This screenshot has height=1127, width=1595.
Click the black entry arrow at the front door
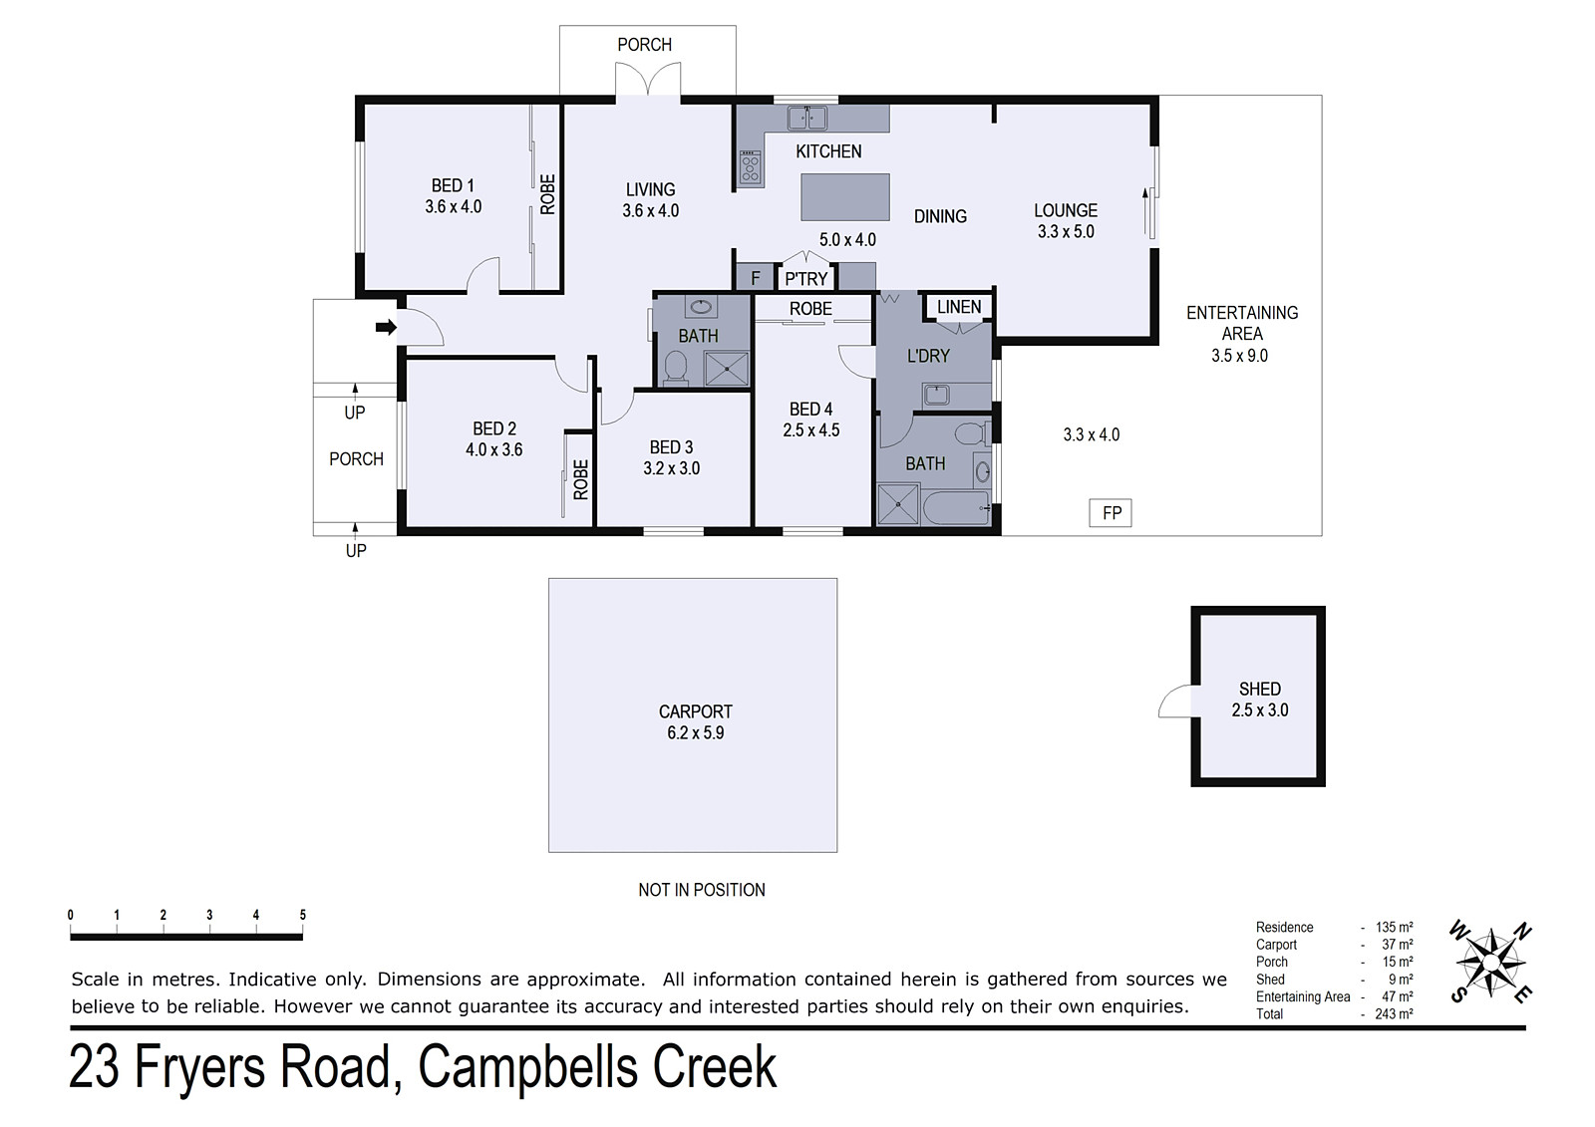pyautogui.click(x=386, y=328)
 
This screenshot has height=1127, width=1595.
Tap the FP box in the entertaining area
pyautogui.click(x=1111, y=513)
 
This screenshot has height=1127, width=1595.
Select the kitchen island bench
pyautogui.click(x=845, y=197)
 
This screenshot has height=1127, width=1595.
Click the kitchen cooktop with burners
pyautogui.click(x=750, y=168)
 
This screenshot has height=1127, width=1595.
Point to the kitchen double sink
pyautogui.click(x=806, y=119)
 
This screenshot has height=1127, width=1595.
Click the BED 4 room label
pyautogui.click(x=811, y=410)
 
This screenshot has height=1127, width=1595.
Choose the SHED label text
pyautogui.click(x=1260, y=690)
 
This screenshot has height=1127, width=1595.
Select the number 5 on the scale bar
pyautogui.click(x=303, y=915)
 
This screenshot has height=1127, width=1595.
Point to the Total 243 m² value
pyautogui.click(x=1394, y=1013)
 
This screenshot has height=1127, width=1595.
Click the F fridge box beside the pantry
pyautogui.click(x=755, y=278)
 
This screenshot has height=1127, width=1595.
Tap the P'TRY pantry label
pyautogui.click(x=806, y=279)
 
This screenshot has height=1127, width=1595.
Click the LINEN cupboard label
pyautogui.click(x=958, y=307)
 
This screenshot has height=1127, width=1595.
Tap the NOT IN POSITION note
pyautogui.click(x=702, y=890)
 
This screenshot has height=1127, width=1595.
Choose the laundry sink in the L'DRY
pyautogui.click(x=936, y=394)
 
